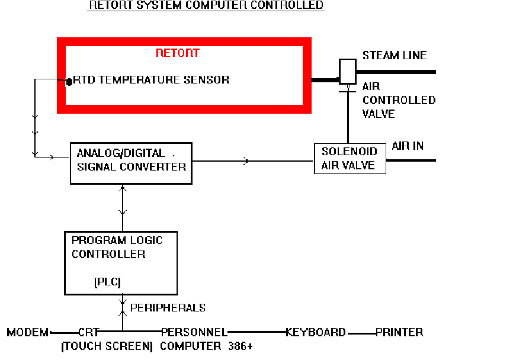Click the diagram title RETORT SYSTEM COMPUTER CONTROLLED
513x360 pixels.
(206, 5)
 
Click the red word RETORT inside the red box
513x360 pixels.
(177, 53)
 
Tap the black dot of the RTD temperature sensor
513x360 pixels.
(69, 81)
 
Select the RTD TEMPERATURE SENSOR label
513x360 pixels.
(151, 79)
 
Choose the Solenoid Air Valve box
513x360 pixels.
(350, 159)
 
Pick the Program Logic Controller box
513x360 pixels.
(120, 263)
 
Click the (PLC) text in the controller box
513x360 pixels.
(107, 282)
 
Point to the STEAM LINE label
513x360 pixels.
(395, 56)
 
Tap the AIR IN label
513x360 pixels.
(408, 146)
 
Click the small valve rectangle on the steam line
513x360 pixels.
(347, 71)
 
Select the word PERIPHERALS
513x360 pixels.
(168, 308)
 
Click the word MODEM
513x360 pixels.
(28, 333)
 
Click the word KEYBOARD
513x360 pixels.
(316, 333)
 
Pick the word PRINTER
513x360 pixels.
(399, 333)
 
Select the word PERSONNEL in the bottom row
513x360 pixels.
(194, 333)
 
